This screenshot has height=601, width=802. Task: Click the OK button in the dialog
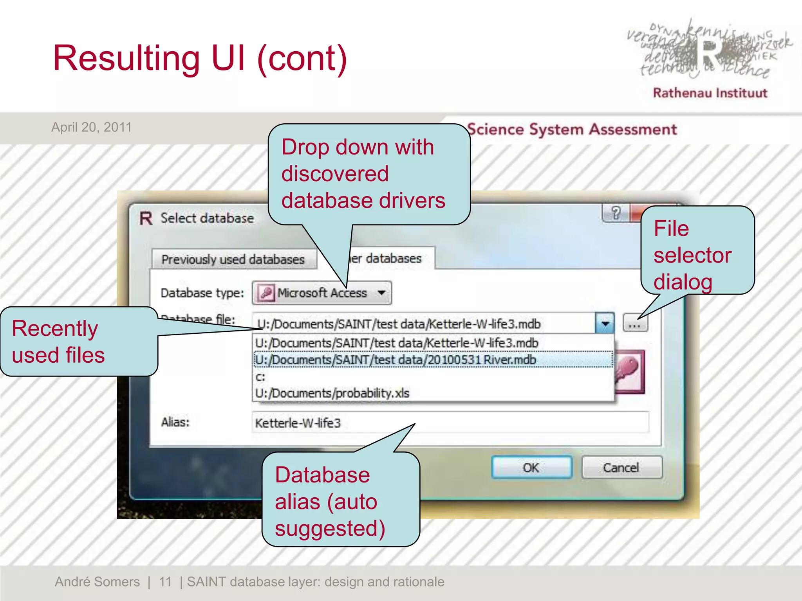pyautogui.click(x=531, y=467)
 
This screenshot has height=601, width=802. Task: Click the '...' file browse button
pyautogui.click(x=635, y=323)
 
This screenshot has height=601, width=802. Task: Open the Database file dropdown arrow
pyautogui.click(x=605, y=324)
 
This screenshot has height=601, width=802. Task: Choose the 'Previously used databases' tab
pyautogui.click(x=233, y=259)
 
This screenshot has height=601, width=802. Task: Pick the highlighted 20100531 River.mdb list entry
pyautogui.click(x=396, y=360)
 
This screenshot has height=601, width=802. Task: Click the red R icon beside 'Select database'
pyautogui.click(x=146, y=218)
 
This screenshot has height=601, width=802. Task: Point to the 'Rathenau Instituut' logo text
pyautogui.click(x=710, y=93)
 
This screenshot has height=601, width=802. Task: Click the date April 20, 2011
pyautogui.click(x=92, y=127)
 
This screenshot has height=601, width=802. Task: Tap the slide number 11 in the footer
pyautogui.click(x=165, y=582)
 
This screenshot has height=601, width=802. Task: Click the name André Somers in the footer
pyautogui.click(x=97, y=582)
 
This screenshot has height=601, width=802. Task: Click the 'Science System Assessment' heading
pyautogui.click(x=572, y=130)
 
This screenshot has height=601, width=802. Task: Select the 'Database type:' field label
pyautogui.click(x=202, y=293)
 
